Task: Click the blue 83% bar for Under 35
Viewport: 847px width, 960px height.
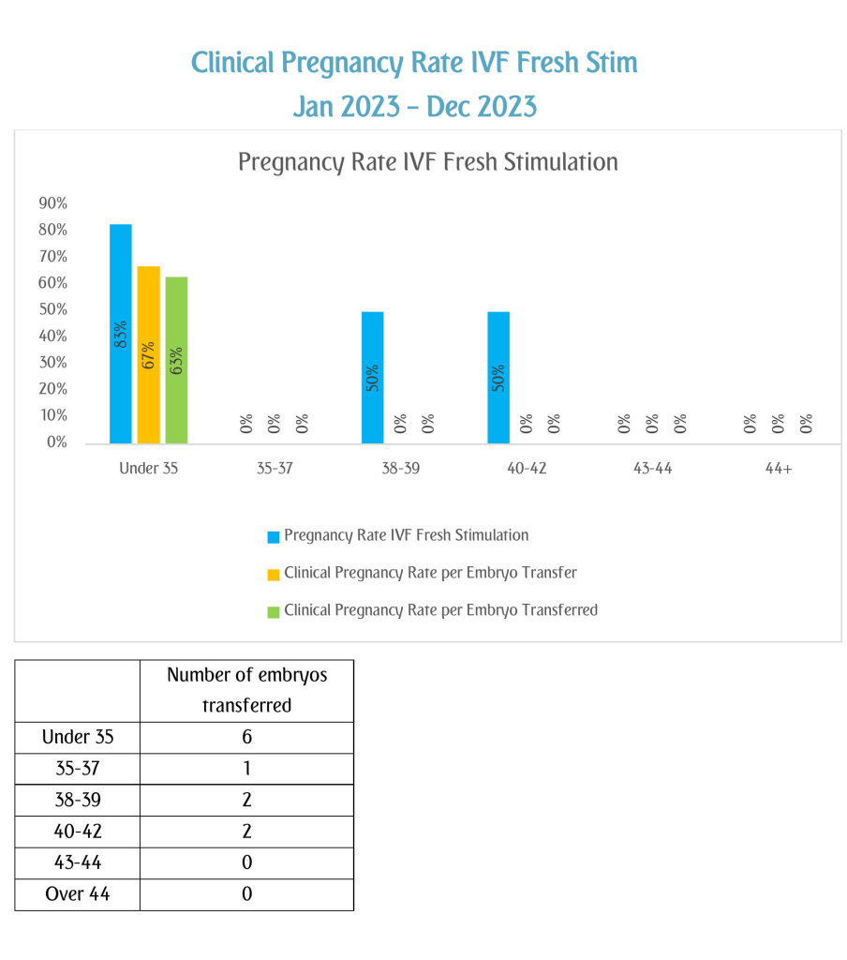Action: point(121,334)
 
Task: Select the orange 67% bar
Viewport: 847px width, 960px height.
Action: point(149,355)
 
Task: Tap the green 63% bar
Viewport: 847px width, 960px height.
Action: point(176,360)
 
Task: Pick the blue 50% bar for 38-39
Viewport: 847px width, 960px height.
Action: point(373,378)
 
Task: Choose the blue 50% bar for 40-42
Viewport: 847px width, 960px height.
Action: point(498,378)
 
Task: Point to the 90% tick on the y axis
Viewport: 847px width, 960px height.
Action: point(53,203)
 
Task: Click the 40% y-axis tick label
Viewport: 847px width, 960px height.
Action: point(53,337)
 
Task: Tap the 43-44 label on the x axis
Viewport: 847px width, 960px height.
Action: point(652,469)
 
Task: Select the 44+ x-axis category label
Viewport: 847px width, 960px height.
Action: point(779,469)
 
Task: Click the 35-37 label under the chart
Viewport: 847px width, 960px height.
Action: point(275,469)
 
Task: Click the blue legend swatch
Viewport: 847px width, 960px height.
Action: point(274,537)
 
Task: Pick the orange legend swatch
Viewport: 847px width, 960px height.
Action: point(274,575)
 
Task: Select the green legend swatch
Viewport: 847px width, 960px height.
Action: point(274,611)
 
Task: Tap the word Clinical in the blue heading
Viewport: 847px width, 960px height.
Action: point(232,63)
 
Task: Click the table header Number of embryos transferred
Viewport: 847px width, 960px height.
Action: point(246,690)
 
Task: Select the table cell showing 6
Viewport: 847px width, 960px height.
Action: point(246,737)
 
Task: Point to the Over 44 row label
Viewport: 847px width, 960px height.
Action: point(78,893)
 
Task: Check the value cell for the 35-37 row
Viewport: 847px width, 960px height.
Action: point(246,769)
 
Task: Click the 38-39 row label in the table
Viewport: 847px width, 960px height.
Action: point(78,800)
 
